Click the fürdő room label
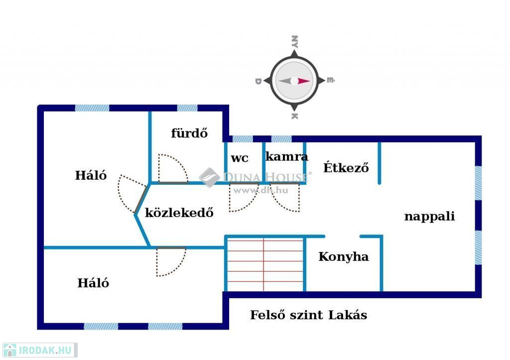189,133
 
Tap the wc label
240,158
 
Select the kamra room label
286,156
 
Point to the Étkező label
346,167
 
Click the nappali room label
429,217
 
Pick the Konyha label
344,257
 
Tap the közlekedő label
179,213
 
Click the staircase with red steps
264,264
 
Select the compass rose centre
294,81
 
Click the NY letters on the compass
294,41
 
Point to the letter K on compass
294,117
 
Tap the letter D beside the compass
258,81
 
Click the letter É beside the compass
331,80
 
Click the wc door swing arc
244,198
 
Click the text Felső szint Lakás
308,315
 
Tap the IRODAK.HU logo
39,350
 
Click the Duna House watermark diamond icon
210,177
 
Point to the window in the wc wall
243,139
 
